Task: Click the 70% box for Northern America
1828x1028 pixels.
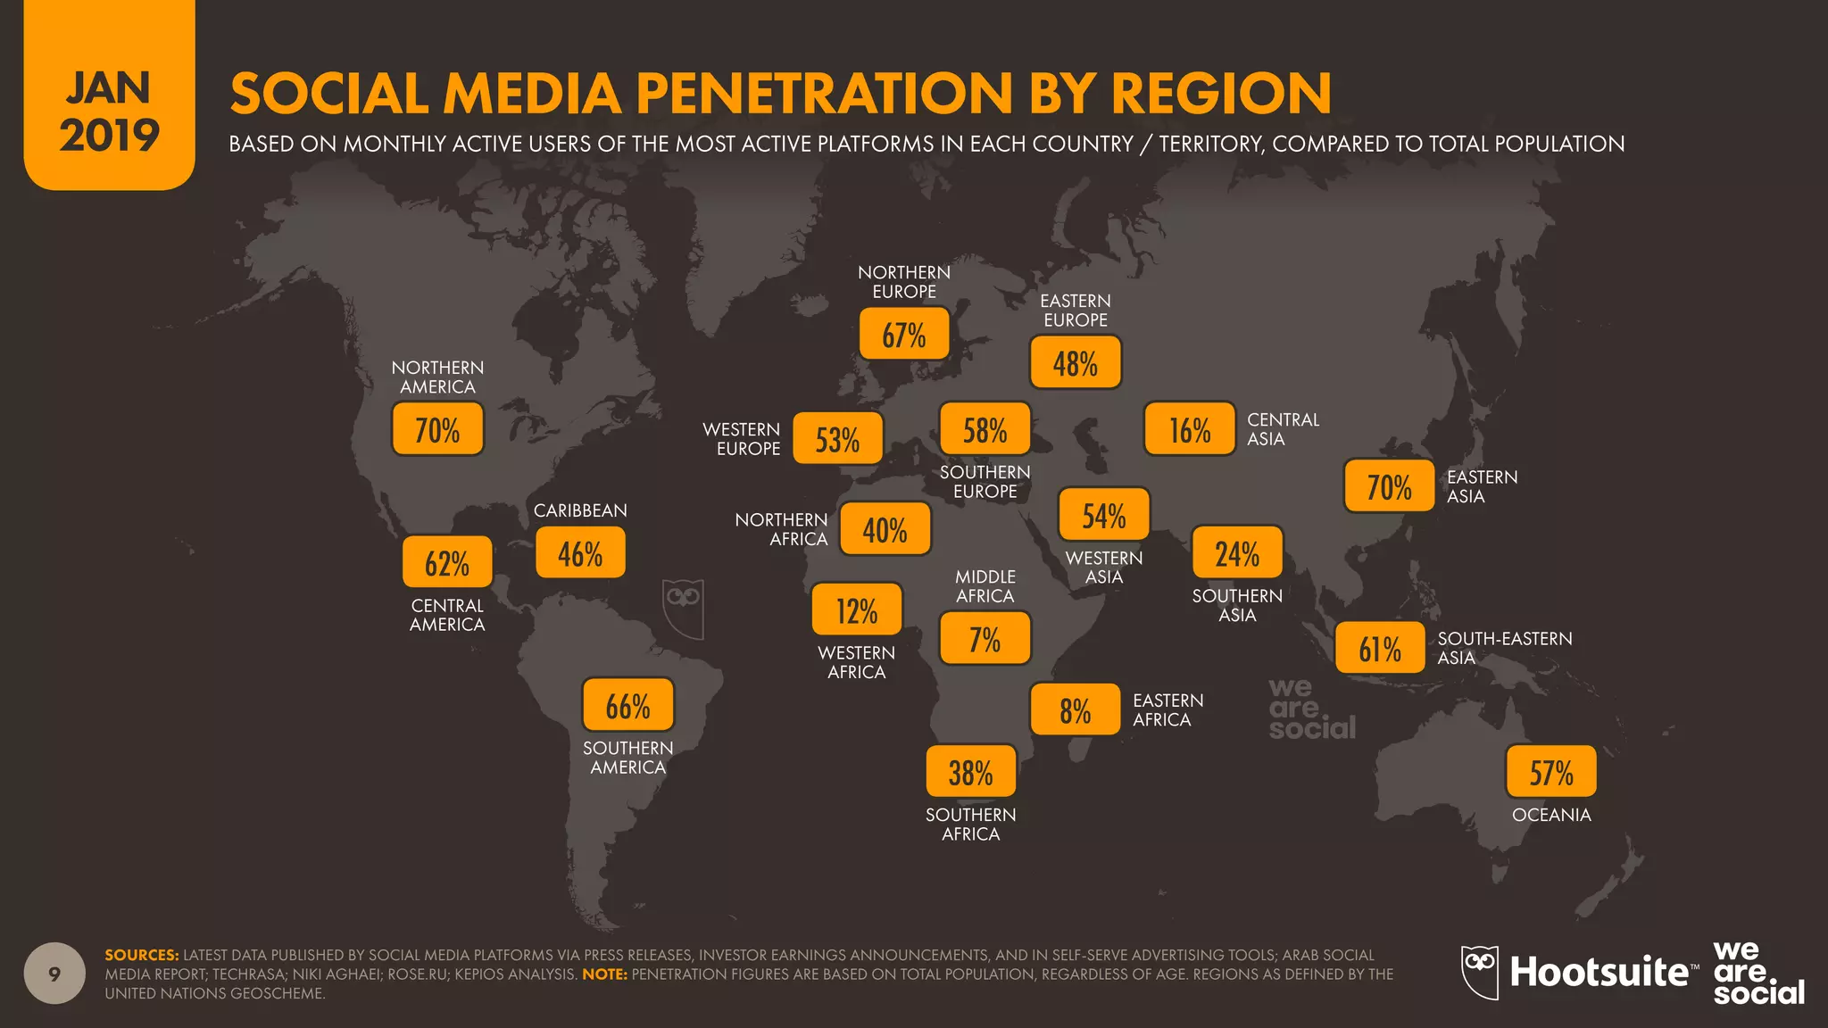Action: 437,429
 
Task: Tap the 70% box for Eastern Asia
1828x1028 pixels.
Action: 1389,486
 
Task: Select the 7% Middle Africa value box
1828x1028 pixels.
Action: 985,638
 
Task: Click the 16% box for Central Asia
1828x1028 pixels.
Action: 1190,429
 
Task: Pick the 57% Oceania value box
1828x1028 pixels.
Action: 1550,772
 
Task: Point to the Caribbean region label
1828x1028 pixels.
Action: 580,510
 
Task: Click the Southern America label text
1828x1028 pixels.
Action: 627,758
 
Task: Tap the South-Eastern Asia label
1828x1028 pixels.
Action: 1504,648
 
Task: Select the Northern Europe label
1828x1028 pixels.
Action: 903,282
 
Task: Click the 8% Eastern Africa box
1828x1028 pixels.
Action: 1075,710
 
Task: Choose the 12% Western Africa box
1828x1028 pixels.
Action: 856,610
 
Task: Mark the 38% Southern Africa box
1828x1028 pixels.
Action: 970,772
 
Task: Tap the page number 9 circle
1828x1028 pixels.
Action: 54,974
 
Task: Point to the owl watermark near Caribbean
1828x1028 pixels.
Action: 683,609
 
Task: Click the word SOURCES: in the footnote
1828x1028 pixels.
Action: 141,955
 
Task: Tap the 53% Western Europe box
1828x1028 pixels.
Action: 837,438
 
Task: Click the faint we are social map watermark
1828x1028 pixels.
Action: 1310,709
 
